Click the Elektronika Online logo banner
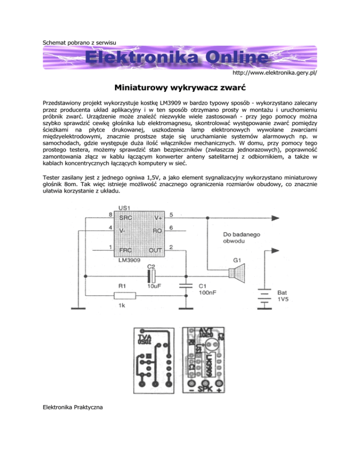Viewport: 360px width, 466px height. [x=180, y=59]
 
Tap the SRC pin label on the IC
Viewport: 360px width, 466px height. [x=126, y=218]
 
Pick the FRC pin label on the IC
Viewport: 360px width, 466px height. [x=126, y=251]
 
